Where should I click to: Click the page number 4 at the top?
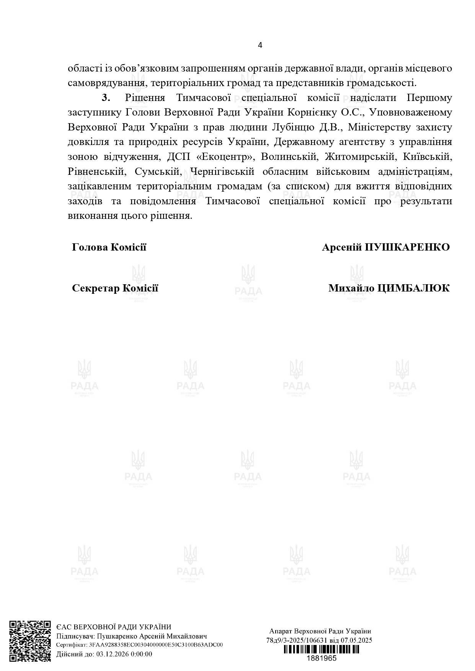260,45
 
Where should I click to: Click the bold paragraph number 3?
106,98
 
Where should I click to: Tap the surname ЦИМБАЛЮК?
413,288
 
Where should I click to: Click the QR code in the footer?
30,641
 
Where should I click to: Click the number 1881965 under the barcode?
322,658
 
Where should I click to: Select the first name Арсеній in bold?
342,247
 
